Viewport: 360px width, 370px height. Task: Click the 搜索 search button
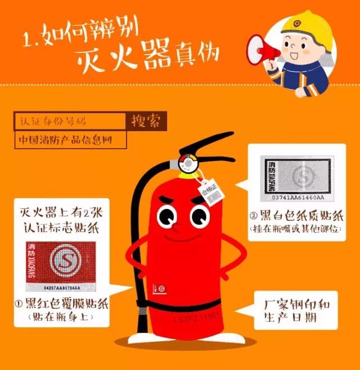[145, 121]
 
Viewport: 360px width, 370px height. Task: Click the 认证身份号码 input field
[70, 121]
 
